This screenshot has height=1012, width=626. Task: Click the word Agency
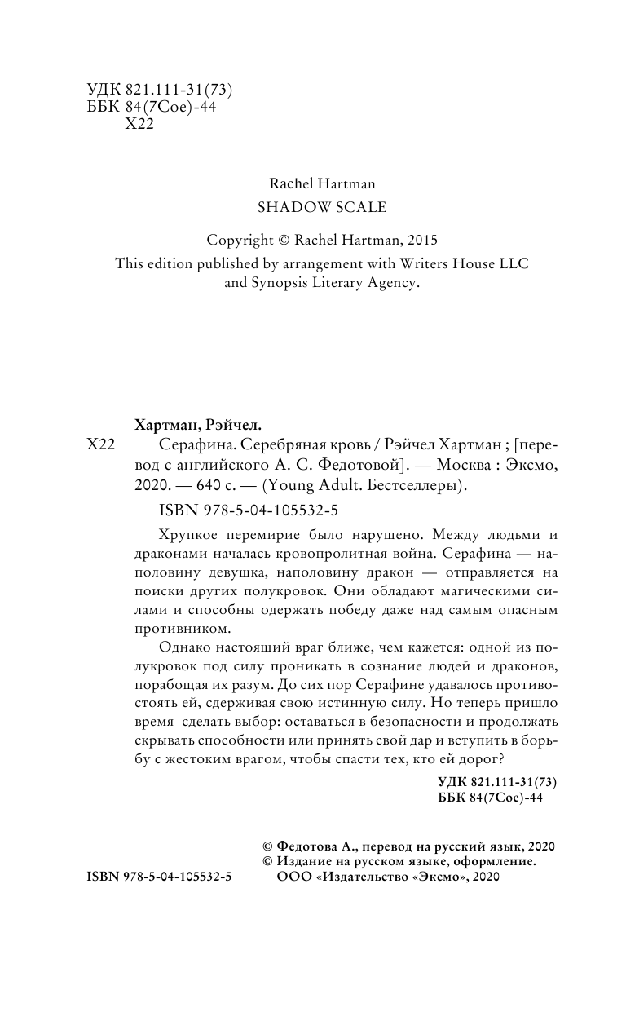pos(394,285)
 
